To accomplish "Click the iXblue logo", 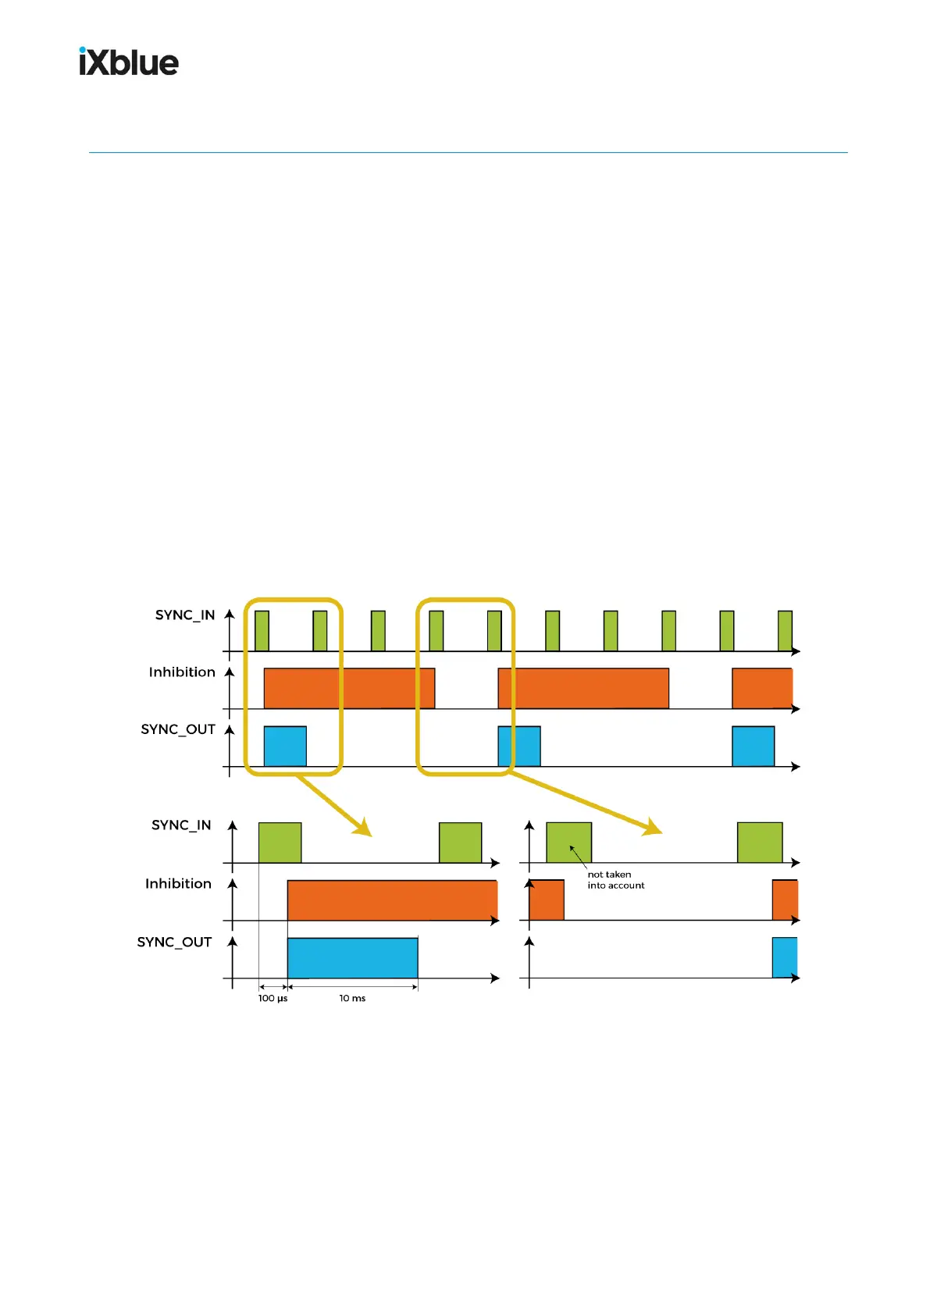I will click(x=129, y=62).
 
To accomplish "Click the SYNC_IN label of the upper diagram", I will click(x=184, y=615).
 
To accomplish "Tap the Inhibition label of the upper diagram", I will click(x=182, y=672).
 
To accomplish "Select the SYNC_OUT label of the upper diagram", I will click(x=177, y=729).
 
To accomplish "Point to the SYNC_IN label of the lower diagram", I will click(x=181, y=825).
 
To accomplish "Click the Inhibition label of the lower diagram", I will click(x=178, y=884).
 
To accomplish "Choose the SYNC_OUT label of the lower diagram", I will click(x=174, y=943).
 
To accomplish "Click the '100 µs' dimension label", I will click(x=273, y=999).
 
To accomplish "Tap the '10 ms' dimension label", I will click(x=352, y=999).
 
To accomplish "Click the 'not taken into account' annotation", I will click(x=615, y=880).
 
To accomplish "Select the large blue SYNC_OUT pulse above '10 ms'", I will click(x=352, y=958).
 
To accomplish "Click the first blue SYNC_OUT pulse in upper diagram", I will click(x=285, y=747).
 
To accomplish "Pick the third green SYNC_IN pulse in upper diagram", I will click(x=378, y=631).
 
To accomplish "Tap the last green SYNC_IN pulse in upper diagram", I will click(x=785, y=631).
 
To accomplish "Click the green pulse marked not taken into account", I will click(x=568, y=842).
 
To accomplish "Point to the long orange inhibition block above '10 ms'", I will click(x=392, y=900).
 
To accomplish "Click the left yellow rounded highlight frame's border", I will click(x=245, y=687).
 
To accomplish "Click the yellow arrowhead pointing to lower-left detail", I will click(x=362, y=828).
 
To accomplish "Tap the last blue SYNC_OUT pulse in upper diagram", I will click(x=753, y=747).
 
